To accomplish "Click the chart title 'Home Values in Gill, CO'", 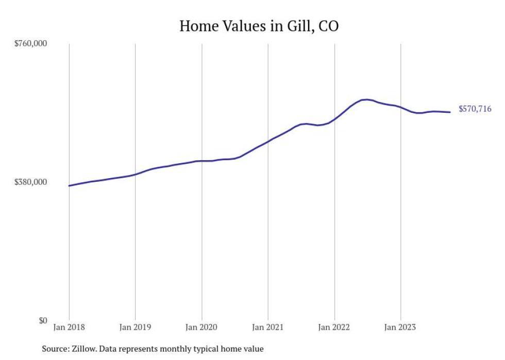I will (x=259, y=26).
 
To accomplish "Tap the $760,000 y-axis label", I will (x=30, y=43).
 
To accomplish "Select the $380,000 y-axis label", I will (x=30, y=182).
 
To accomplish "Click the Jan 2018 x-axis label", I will (x=69, y=327).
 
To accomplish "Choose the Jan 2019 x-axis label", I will (x=135, y=327).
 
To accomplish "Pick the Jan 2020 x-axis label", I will (x=201, y=327).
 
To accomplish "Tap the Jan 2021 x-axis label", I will (x=268, y=327).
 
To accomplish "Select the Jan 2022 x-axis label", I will (x=334, y=327).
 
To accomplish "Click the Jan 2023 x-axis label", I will (x=400, y=327).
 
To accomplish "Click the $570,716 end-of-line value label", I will (x=475, y=109).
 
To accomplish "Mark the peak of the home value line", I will (x=366, y=99).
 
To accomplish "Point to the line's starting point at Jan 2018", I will (x=69, y=185).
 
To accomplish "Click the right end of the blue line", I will (x=450, y=112).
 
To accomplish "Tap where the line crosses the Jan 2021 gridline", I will (x=268, y=141).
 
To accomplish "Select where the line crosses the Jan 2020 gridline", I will (x=201, y=161).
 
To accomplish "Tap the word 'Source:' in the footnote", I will (x=55, y=349).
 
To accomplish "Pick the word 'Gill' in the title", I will (x=298, y=26).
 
